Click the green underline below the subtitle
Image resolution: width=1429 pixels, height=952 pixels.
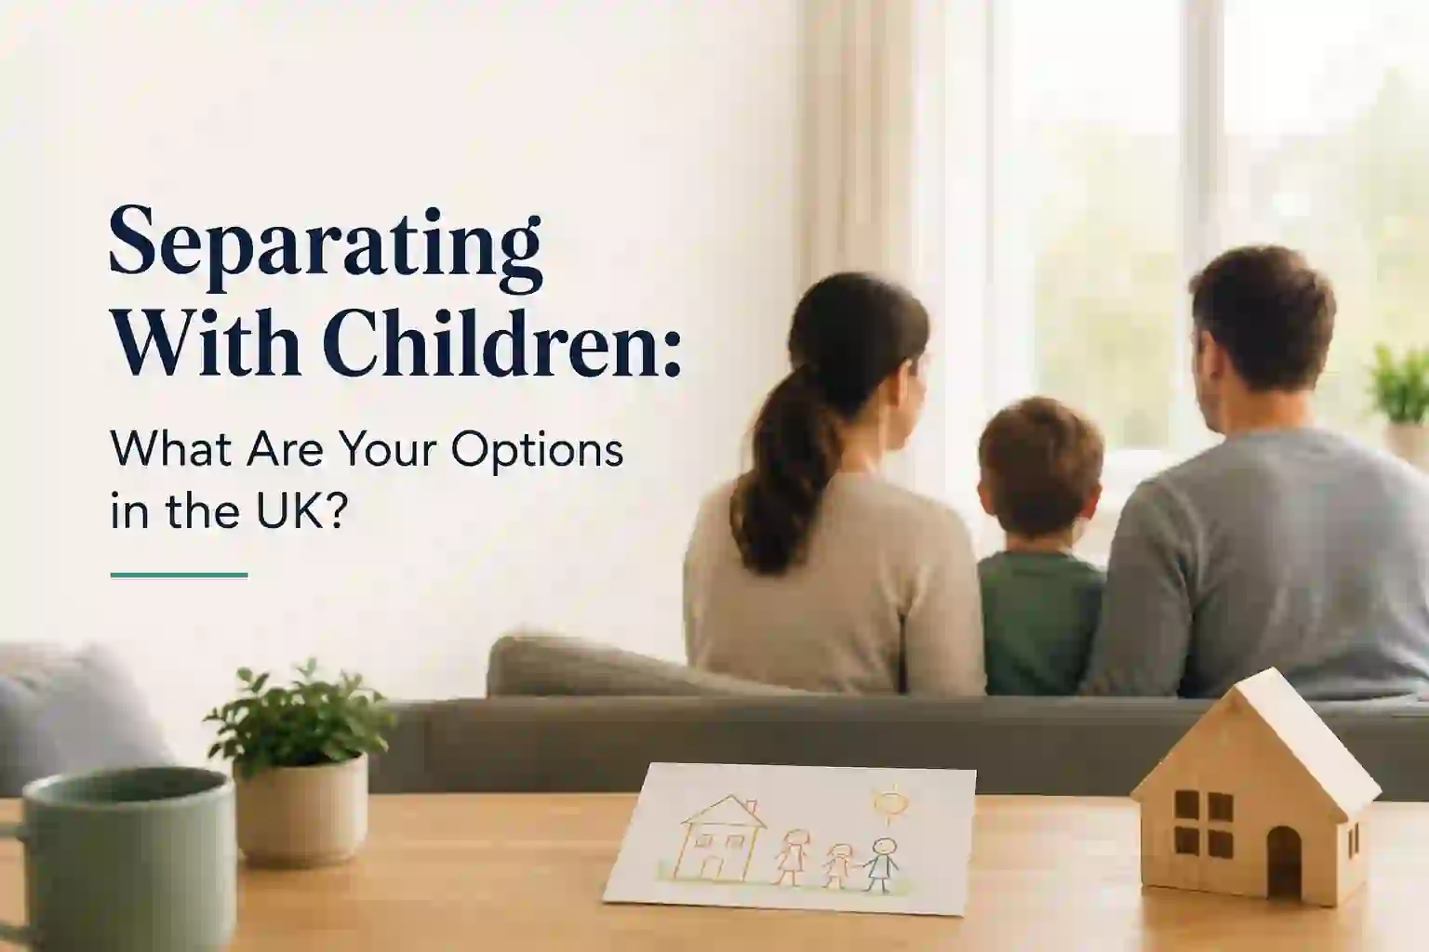pos(179,575)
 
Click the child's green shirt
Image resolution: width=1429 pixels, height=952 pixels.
pos(1040,622)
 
